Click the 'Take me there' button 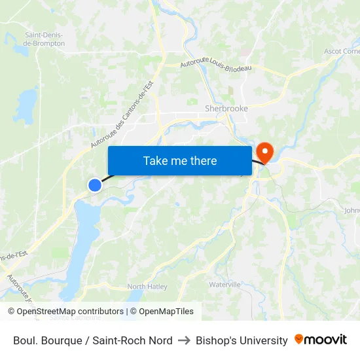pyautogui.click(x=180, y=160)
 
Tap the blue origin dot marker pyautogui.click(x=95, y=185)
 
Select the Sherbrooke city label pyautogui.click(x=226, y=108)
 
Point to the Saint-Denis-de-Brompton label pyautogui.click(x=44, y=39)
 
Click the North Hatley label pyautogui.click(x=147, y=287)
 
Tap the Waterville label pyautogui.click(x=225, y=285)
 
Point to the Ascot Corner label pyautogui.click(x=342, y=51)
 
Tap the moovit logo pyautogui.click(x=321, y=340)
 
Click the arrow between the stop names pyautogui.click(x=184, y=340)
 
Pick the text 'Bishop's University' pyautogui.click(x=242, y=340)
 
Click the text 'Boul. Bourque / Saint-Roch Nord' pyautogui.click(x=92, y=340)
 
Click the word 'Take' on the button pyautogui.click(x=155, y=160)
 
